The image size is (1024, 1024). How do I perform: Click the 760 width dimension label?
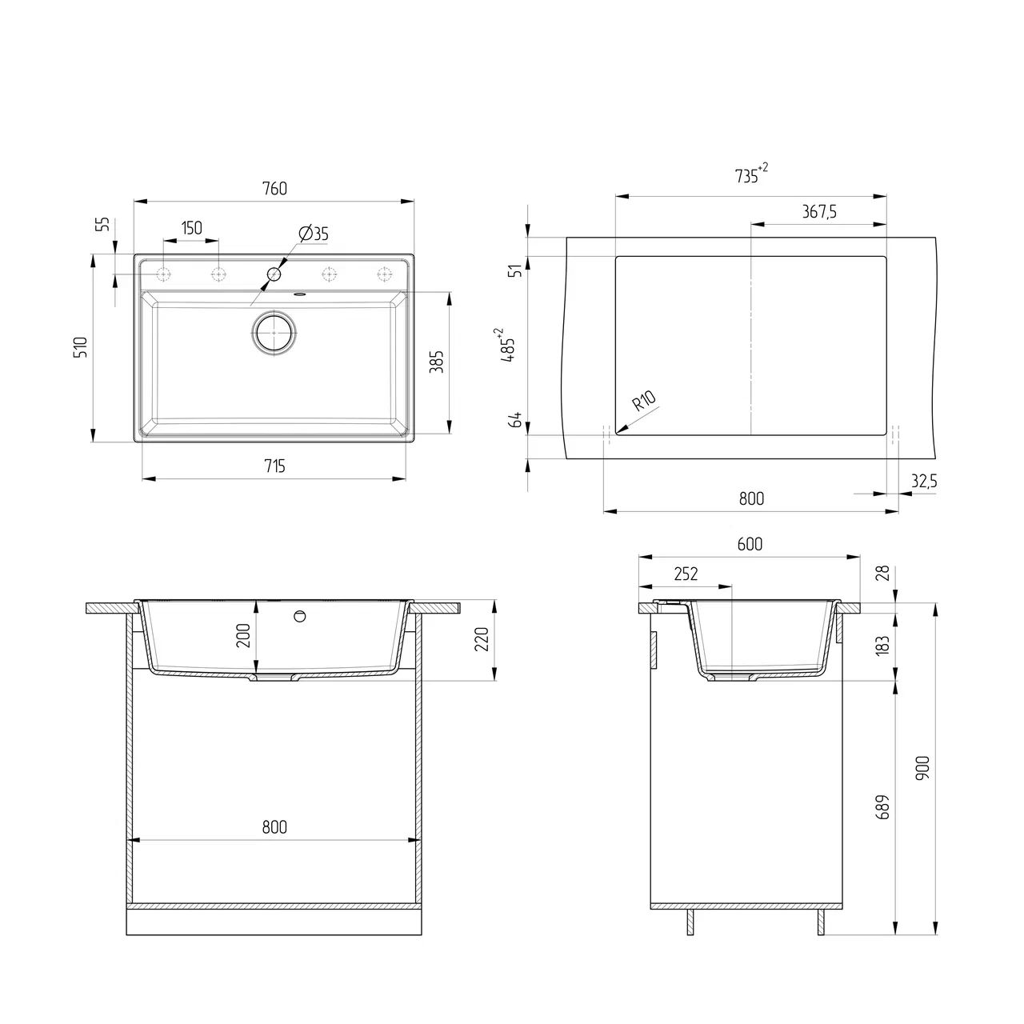coord(274,189)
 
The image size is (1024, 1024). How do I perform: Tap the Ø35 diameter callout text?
coord(314,234)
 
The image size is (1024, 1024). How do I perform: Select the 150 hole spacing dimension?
coord(191,228)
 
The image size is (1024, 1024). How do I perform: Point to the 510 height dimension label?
coord(82,347)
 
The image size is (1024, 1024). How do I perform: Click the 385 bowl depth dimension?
coord(437,362)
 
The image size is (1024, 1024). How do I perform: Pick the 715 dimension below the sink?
coord(274,466)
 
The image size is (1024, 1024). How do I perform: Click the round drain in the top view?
coord(274,332)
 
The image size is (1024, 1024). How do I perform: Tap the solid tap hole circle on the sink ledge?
coord(274,274)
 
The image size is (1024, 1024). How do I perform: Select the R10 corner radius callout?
coord(645,401)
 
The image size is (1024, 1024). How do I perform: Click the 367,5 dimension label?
coord(819,212)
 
